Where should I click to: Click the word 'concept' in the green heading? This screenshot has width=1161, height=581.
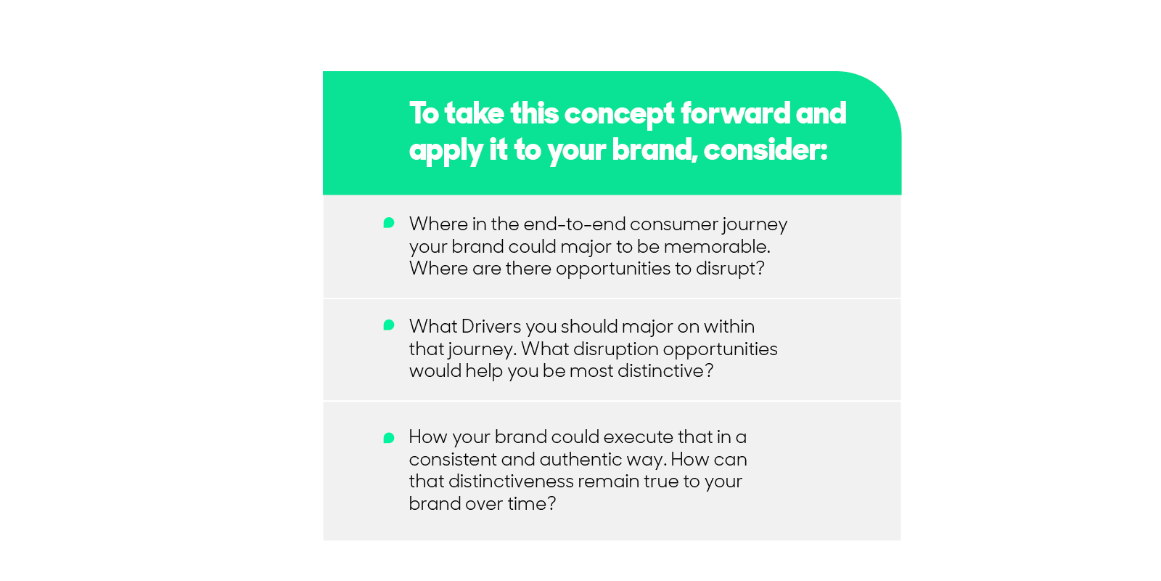(x=620, y=114)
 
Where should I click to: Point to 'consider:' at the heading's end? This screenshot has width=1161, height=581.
(x=766, y=150)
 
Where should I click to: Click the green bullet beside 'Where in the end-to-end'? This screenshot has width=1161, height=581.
(x=389, y=223)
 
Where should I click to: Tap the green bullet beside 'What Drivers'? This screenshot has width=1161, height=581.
(x=389, y=325)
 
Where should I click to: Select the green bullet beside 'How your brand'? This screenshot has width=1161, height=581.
(x=389, y=439)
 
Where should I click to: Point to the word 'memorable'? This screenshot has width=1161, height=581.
(x=717, y=246)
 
